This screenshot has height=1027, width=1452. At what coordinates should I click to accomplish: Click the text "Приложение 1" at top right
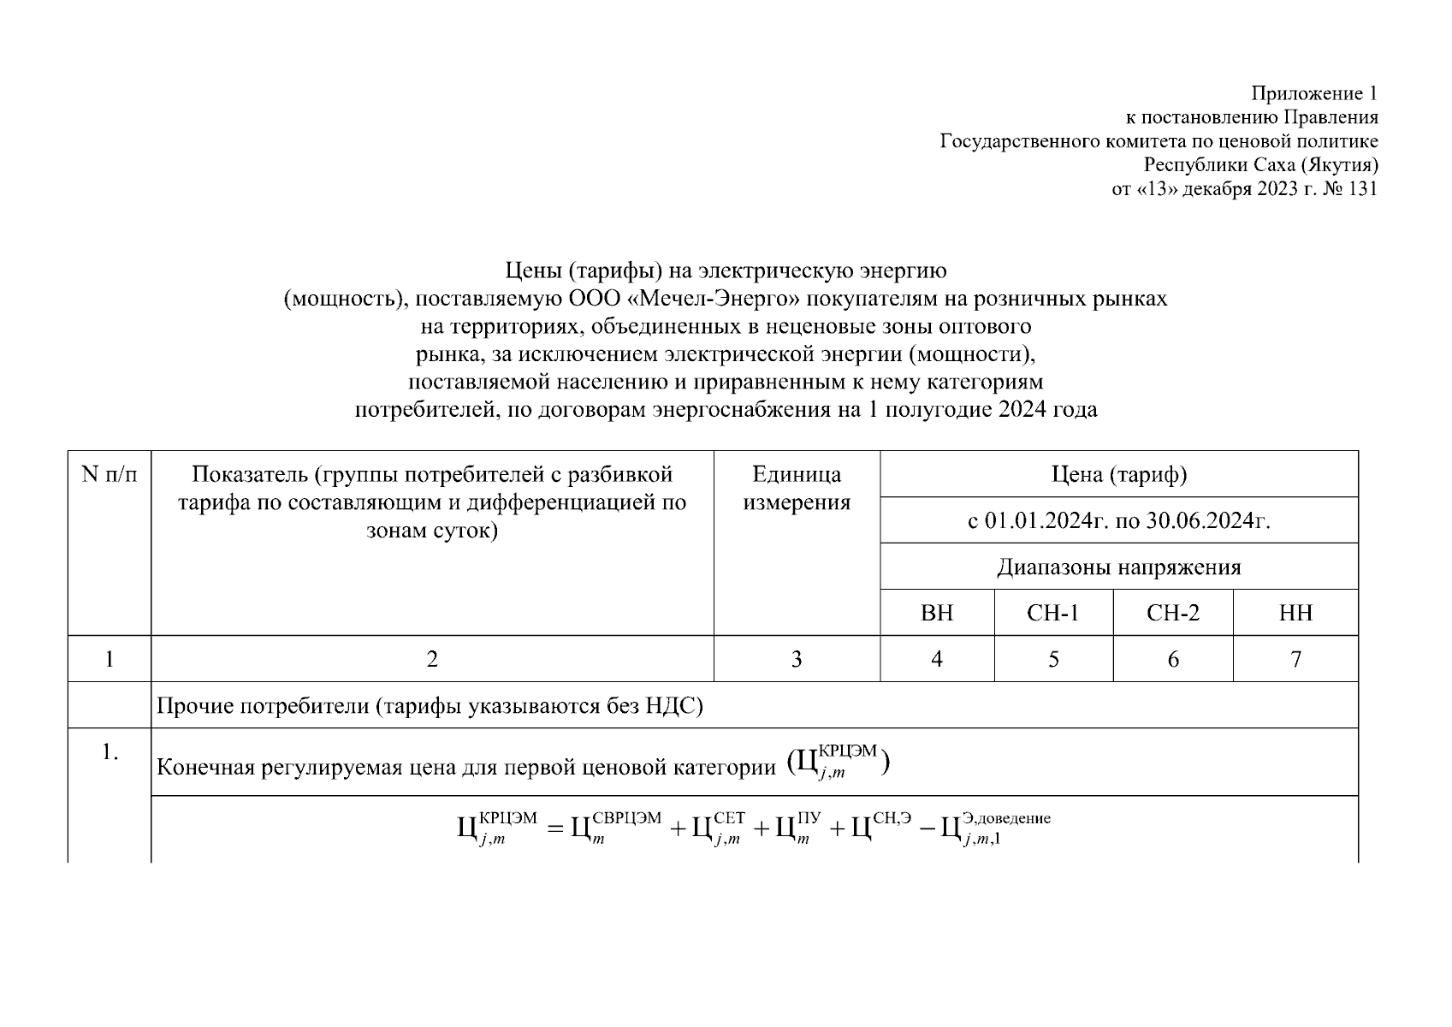(1314, 93)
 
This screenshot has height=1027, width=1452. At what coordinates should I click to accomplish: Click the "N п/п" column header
(110, 474)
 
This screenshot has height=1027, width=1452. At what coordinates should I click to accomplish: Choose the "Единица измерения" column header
(797, 488)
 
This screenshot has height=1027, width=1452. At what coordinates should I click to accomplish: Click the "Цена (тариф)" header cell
(1118, 474)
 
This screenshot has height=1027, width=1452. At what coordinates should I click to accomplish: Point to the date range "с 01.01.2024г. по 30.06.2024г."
(1118, 520)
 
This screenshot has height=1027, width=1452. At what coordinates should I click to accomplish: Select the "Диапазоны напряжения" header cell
(1118, 567)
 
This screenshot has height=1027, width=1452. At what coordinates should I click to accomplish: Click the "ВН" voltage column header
(937, 613)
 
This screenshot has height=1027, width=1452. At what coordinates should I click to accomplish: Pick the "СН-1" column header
(1053, 613)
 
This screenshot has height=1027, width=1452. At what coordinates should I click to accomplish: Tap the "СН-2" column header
(1173, 613)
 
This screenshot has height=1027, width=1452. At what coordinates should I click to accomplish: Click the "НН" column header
(1295, 613)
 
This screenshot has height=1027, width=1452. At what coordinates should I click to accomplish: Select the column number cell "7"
(1295, 659)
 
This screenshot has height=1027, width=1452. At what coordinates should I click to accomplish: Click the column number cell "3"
(797, 659)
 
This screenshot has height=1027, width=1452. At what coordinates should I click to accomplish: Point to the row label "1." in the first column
(110, 752)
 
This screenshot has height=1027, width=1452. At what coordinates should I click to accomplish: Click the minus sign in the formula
(926, 828)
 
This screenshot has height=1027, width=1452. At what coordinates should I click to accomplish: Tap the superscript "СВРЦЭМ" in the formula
(626, 817)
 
